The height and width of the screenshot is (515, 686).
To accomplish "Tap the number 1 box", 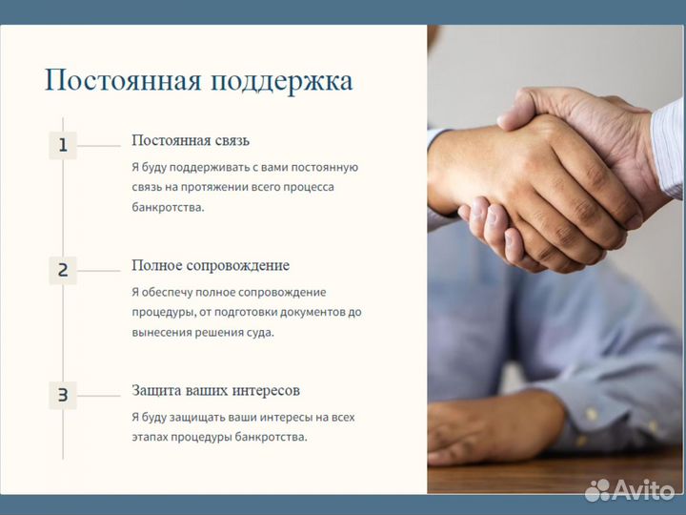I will [63, 145].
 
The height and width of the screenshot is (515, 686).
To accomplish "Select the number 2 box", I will [63, 270].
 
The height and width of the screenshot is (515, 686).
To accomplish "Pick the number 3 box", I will [63, 395].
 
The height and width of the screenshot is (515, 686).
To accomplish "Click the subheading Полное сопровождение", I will [210, 265].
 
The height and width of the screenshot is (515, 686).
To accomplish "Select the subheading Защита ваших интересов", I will [215, 390].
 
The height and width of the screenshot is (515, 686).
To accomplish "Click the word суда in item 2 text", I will [259, 333].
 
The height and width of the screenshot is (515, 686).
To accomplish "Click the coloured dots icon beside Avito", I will [597, 490].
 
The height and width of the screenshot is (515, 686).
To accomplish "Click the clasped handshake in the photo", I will [543, 181].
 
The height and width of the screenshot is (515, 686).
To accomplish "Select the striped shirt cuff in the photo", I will [667, 143].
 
